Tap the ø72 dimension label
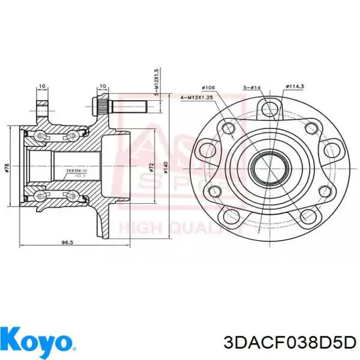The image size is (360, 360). coord(152,167)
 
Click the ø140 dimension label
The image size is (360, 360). coord(166,167)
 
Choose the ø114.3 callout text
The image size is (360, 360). coord(295,87)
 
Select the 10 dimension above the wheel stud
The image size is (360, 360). coord(103,86)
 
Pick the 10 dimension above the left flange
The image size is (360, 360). coord(41,86)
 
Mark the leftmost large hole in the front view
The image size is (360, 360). coord(208,150)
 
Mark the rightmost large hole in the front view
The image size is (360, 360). coord(327,150)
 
